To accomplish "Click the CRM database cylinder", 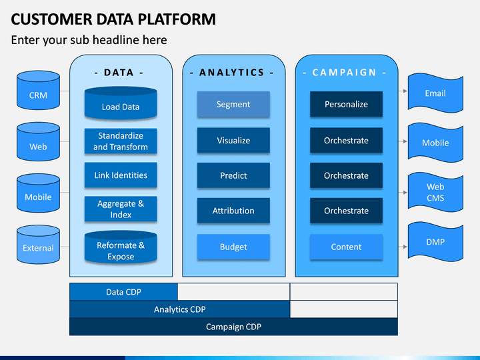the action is [x=38, y=90].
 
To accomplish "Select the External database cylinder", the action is [x=38, y=245].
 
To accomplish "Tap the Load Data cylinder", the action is [x=121, y=103].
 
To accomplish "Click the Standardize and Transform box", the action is [x=121, y=141].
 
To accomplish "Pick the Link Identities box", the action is [x=121, y=175].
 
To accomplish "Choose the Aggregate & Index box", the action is [x=121, y=209].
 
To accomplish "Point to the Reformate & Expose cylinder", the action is [x=121, y=247].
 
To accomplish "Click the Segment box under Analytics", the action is [x=233, y=104].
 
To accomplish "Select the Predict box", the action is [x=233, y=175].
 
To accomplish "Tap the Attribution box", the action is [x=233, y=211].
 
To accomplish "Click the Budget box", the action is [x=233, y=247].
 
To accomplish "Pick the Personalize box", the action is [x=346, y=104].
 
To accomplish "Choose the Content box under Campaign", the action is [x=346, y=247].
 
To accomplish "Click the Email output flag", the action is [x=435, y=93].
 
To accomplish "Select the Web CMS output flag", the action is [x=435, y=192].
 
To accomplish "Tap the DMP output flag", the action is [x=435, y=242].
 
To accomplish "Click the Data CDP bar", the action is [x=124, y=292].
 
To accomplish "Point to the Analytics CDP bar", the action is [x=180, y=309].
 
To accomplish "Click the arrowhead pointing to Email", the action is [x=405, y=91].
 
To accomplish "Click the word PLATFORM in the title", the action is [x=177, y=19].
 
